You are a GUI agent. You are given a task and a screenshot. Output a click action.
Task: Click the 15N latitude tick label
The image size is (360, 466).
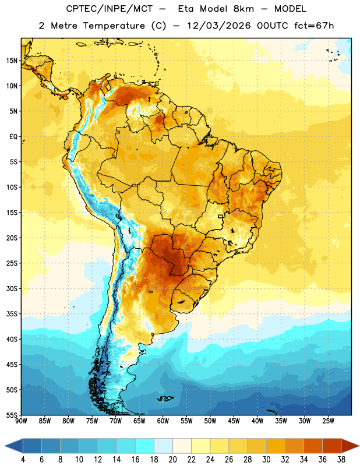(12, 61)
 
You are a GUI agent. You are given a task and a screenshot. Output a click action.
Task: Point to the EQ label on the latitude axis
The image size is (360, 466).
(13, 137)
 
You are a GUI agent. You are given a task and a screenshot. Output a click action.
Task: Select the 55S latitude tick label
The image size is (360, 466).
(12, 415)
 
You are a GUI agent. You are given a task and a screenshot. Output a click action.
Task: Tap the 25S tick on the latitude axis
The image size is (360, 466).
(12, 263)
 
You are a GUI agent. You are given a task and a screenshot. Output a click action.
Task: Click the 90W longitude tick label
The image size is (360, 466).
(21, 421)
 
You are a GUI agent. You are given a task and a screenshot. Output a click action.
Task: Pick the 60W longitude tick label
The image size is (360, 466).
(163, 421)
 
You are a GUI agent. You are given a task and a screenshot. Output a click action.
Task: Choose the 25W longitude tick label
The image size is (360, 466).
(328, 421)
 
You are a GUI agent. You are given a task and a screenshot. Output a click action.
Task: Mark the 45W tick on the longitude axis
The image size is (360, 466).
(234, 421)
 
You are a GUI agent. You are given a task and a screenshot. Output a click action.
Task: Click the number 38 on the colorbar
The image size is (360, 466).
(341, 460)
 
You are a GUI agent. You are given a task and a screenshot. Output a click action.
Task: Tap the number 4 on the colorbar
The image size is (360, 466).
(23, 460)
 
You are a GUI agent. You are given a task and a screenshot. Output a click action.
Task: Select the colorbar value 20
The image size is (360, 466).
(172, 460)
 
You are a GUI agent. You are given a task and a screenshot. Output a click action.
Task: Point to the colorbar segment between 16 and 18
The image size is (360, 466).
(145, 446)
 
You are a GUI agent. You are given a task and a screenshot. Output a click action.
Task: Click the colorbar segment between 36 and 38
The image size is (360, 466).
(332, 446)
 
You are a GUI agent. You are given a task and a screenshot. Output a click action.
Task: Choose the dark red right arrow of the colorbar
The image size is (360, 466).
(350, 446)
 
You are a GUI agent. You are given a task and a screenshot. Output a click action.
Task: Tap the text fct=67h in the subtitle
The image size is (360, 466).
(314, 26)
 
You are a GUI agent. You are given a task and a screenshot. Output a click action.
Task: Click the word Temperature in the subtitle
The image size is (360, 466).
(114, 26)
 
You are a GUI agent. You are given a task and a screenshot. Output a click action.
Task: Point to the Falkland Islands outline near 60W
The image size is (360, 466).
(165, 398)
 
